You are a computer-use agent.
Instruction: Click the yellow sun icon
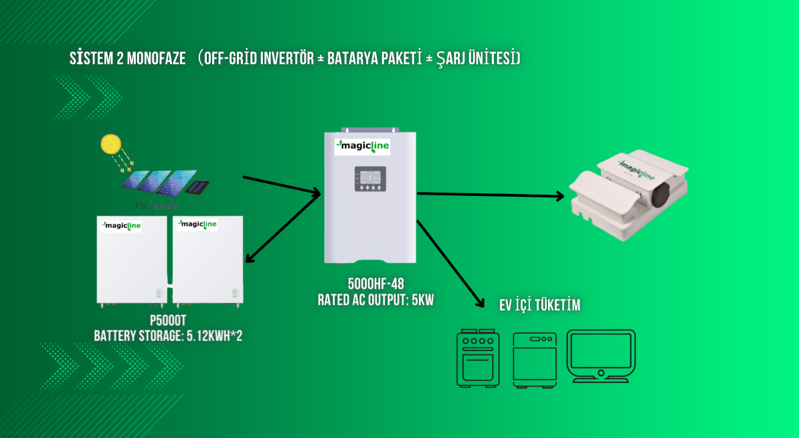[110, 144]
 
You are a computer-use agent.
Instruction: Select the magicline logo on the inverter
[363, 145]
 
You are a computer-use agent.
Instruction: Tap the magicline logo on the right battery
[195, 225]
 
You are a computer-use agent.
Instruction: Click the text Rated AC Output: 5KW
[375, 300]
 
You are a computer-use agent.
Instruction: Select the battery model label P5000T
[168, 321]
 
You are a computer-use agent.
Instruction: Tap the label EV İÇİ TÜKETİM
[539, 306]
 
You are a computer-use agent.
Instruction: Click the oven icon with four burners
[477, 358]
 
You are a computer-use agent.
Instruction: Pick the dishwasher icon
[534, 359]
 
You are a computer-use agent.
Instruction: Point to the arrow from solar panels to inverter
[282, 187]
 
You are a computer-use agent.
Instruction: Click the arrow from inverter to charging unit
[492, 195]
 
